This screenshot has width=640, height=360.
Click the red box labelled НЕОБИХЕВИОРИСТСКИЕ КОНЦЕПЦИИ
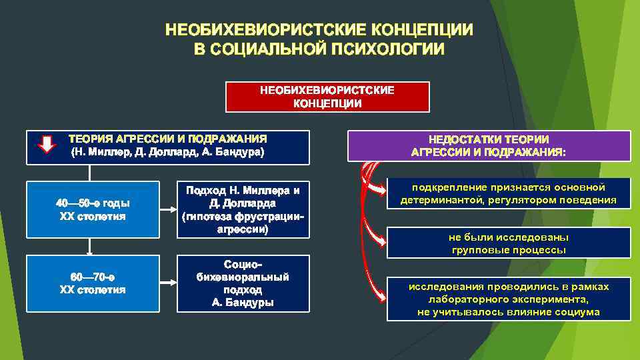pos(327,97)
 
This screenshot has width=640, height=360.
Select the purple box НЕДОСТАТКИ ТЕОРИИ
pos(489,145)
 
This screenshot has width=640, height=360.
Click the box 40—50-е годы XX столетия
pos(93,209)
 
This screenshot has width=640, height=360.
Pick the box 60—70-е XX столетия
pos(93,283)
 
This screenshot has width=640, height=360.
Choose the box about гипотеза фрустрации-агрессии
pos(243,209)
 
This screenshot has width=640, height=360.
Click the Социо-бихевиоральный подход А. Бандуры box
pos(243,283)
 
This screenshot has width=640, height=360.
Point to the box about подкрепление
pos(508,193)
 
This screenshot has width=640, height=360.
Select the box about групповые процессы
pos(508,243)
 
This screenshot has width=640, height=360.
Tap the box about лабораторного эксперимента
pos(508,299)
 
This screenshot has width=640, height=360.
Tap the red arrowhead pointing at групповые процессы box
pos(383,239)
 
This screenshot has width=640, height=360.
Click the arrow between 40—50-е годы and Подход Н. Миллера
pos(168,209)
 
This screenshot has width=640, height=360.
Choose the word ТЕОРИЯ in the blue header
pos(91,139)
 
